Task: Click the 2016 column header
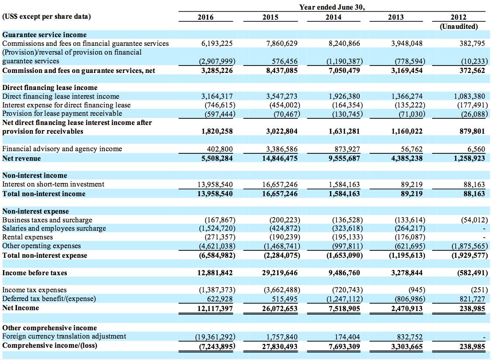[x=206, y=17]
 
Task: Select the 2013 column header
[x=396, y=17]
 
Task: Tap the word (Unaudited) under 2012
[x=458, y=26]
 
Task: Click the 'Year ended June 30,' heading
[x=332, y=7]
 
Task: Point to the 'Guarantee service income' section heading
[x=45, y=35]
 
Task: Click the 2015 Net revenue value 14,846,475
[x=280, y=158]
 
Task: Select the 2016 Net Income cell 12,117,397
[x=215, y=308]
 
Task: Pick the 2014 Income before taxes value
[x=344, y=273]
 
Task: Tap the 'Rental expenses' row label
[x=28, y=237]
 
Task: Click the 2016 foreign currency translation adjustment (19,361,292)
[x=215, y=337]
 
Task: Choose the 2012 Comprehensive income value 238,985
[x=472, y=346]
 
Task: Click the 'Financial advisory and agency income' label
[x=62, y=149]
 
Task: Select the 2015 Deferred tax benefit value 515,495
[x=285, y=299]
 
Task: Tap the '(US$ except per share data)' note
[x=46, y=16]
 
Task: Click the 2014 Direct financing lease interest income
[x=344, y=96]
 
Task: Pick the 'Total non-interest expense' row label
[x=45, y=256]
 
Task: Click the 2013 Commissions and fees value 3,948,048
[x=407, y=43]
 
